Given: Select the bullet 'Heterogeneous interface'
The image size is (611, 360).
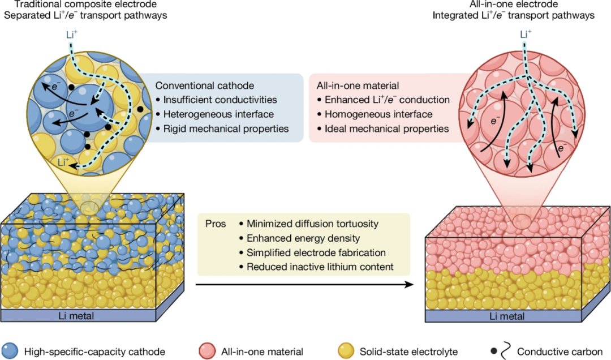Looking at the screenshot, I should [x=215, y=114].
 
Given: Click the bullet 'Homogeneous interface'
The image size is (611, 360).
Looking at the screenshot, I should [x=378, y=114].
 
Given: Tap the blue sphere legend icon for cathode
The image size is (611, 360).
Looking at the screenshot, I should [x=10, y=352].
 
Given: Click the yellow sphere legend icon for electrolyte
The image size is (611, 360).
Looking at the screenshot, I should [x=346, y=352].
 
